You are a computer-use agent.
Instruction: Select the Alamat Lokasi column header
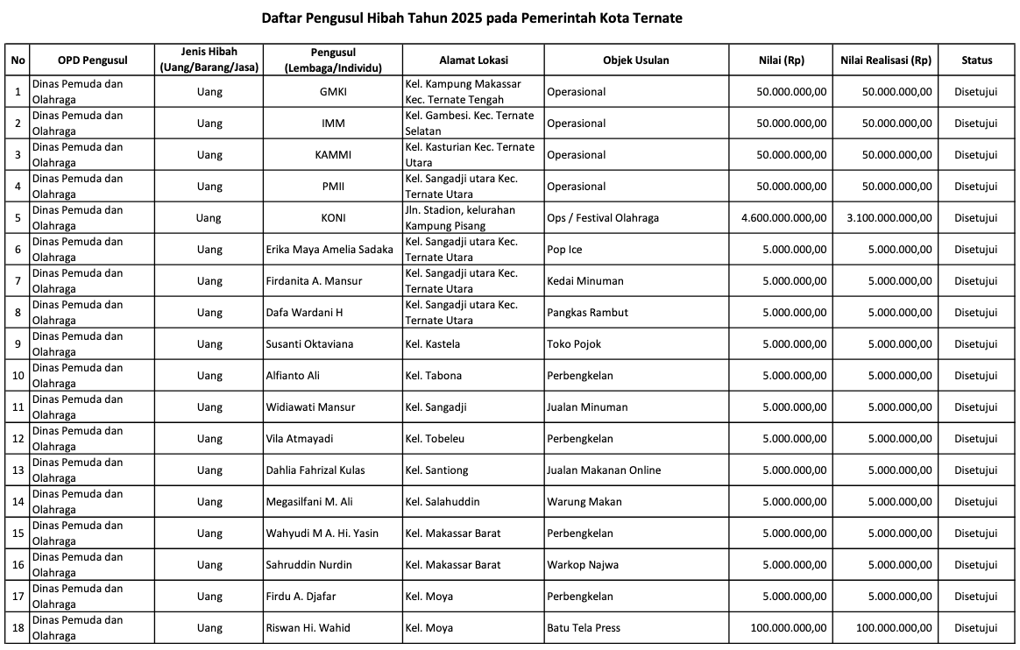tap(473, 60)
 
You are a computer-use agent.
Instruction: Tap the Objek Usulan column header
tap(635, 60)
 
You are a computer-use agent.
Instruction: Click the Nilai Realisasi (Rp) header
tap(885, 60)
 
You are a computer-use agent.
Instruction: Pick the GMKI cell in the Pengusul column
tap(333, 92)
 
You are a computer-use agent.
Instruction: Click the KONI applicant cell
tap(333, 218)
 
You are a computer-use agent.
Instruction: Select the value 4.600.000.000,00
tap(783, 218)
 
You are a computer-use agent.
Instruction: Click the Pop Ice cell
tap(564, 250)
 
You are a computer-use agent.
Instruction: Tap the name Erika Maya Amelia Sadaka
tap(329, 250)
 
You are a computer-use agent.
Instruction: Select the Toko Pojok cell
tap(574, 344)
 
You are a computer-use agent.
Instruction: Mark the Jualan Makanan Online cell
tap(603, 470)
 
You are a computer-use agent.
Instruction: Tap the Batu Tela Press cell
tap(584, 628)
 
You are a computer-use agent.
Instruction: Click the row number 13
tap(18, 470)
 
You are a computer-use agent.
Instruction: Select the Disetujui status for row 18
tap(975, 628)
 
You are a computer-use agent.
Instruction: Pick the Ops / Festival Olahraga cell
tap(602, 218)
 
